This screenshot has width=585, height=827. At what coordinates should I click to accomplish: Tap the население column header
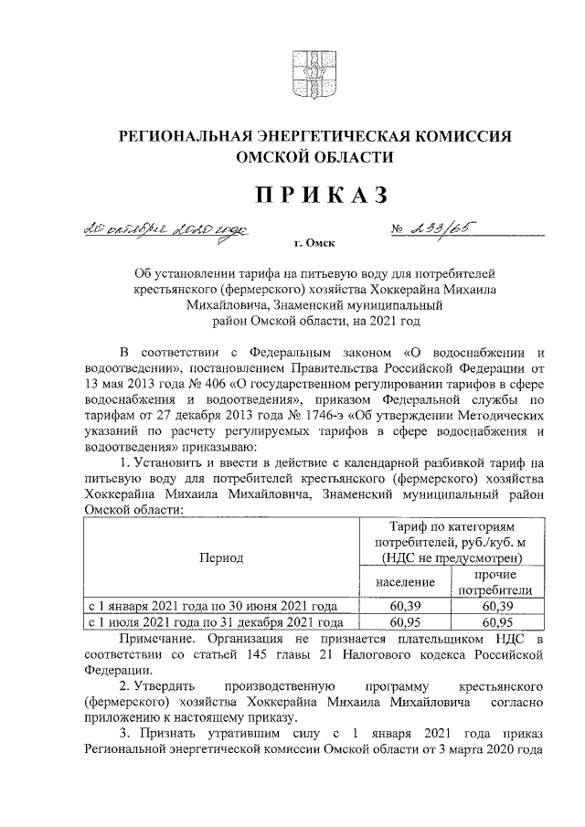403,582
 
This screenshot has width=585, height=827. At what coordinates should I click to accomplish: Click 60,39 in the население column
403,605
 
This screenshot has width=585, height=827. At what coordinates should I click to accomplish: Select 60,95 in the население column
403,620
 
